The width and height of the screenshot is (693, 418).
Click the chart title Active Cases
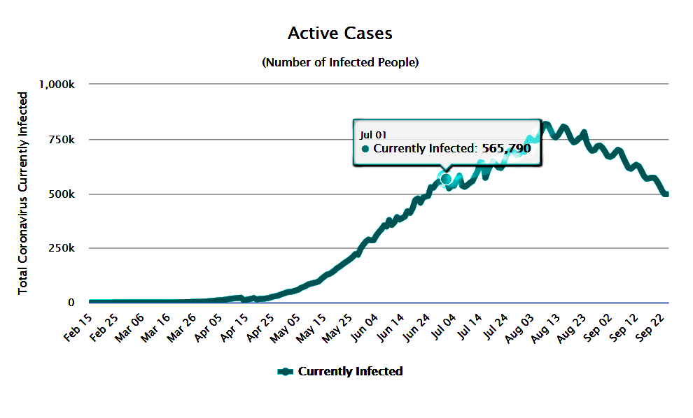coord(339,34)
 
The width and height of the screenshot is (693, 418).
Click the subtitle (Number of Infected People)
coord(340,62)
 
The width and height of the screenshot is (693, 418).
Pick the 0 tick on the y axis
coord(71,303)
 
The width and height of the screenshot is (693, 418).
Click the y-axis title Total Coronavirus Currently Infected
coord(23,192)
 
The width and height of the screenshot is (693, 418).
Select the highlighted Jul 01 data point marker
coord(446,179)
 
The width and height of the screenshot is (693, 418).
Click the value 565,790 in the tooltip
coord(506,148)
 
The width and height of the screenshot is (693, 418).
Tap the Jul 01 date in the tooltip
coord(373,134)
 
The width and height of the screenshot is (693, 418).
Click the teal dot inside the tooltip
coord(365,149)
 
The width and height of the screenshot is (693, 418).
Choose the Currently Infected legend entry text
coord(350,371)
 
